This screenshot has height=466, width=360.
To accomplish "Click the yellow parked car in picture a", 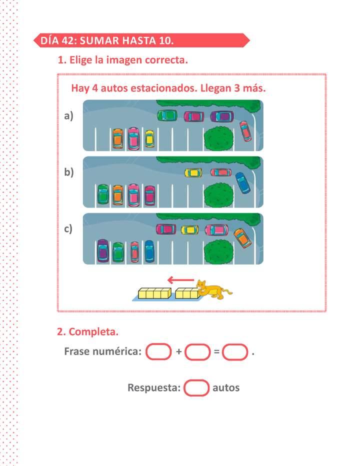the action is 149,139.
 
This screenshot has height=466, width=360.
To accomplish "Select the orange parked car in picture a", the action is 117,138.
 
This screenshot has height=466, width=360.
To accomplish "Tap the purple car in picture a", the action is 222,116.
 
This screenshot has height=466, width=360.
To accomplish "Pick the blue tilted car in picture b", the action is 243,183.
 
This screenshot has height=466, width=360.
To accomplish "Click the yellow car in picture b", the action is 193,172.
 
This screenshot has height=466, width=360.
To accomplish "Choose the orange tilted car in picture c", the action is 242,238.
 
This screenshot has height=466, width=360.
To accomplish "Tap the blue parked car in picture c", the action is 149,251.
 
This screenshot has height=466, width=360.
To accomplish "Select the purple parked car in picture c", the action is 103,251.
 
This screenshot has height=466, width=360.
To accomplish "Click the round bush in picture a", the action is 218,138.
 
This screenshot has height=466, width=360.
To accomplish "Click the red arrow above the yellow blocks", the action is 180,279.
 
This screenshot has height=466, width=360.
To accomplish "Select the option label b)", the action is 68,172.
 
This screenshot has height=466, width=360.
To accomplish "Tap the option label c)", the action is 68,229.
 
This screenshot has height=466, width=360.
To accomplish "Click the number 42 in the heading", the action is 68,40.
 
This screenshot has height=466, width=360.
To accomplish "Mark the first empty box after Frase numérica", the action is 158,351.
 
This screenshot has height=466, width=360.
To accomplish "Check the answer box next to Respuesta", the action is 196,388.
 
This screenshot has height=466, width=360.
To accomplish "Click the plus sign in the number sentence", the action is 178,351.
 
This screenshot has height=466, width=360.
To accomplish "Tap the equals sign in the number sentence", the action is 216,352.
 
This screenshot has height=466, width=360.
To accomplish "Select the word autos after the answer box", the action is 226,388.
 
